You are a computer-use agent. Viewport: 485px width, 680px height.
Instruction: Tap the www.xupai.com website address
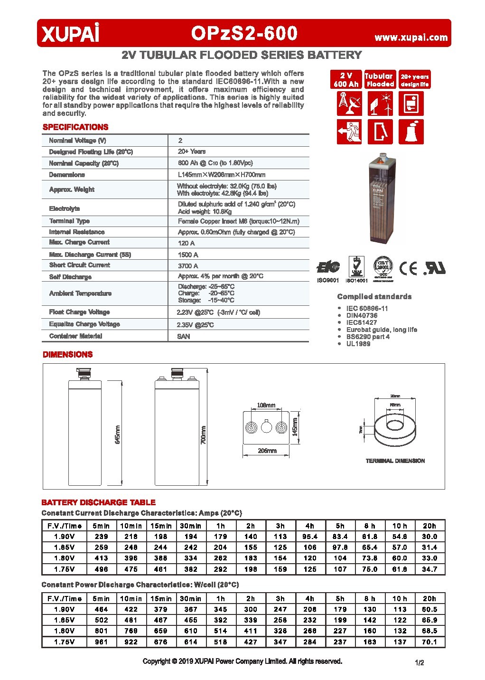411,37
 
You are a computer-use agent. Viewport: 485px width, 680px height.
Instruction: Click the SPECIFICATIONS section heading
75,127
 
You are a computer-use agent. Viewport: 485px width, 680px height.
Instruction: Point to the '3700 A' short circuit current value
188,266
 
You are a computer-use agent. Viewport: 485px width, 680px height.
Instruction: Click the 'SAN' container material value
184,336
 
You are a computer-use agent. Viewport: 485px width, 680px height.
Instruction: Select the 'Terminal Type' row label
69,221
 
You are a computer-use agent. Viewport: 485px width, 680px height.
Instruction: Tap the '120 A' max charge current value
186,243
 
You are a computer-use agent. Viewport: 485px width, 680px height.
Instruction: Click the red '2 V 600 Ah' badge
346,80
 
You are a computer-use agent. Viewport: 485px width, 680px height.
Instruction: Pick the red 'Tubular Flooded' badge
379,80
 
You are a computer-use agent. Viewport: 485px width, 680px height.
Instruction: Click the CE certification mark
409,269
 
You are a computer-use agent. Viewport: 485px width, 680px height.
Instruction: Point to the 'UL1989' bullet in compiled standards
358,343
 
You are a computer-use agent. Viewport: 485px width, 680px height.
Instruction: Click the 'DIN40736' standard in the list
362,315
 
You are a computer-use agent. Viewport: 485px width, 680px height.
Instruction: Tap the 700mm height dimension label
204,434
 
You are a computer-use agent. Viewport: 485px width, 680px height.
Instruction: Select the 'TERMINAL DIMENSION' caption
395,461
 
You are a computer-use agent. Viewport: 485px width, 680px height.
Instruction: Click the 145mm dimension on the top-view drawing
295,427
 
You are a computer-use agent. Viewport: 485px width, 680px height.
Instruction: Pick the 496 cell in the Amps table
102,569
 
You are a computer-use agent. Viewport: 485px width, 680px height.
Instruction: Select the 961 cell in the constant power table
102,642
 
